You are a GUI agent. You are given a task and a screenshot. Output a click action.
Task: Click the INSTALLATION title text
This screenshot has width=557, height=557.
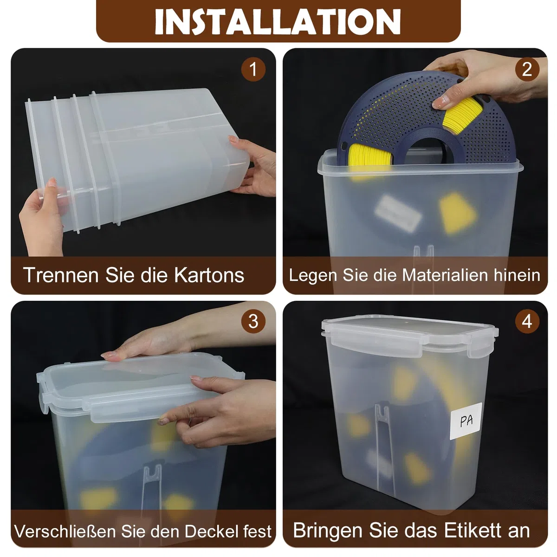click(x=278, y=22)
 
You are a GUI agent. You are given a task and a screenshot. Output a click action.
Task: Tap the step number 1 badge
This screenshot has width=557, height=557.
click(x=253, y=69)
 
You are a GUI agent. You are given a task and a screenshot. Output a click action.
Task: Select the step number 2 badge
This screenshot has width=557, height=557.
click(x=527, y=69)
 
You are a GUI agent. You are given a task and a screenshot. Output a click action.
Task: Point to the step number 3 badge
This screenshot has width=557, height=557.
click(x=253, y=321)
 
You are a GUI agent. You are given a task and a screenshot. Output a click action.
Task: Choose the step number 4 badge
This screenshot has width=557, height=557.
click(x=527, y=321)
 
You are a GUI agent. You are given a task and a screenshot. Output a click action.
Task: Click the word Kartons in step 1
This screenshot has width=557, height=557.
click(x=209, y=275)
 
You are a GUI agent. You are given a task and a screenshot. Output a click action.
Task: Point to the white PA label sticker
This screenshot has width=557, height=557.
click(x=466, y=421)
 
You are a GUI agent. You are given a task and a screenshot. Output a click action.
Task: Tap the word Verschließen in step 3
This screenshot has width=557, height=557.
click(x=65, y=531)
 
